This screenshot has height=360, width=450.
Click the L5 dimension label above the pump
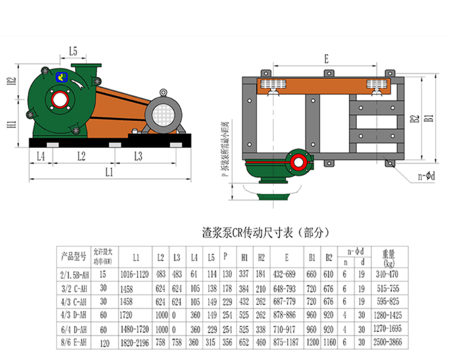pos(73,52)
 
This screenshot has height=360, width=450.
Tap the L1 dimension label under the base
pos(109,172)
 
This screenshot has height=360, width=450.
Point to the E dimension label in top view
pos(326,59)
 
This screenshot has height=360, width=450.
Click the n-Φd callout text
pos(426,176)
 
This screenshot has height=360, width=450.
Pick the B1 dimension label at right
pos(429,118)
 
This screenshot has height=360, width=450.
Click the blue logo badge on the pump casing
pos(61,77)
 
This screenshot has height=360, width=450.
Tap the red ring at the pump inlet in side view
pos(60,99)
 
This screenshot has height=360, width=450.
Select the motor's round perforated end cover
pos(163,114)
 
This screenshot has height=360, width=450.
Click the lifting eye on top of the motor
pos(163,92)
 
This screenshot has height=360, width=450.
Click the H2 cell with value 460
pos(261,342)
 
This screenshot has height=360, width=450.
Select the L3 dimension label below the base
pos(138,157)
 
